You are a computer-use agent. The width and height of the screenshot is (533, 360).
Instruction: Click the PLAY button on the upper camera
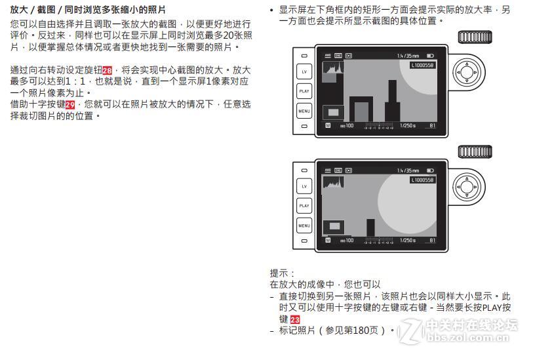304,92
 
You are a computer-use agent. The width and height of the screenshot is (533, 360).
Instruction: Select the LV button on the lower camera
304,186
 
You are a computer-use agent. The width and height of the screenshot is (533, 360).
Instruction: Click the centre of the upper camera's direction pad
467,71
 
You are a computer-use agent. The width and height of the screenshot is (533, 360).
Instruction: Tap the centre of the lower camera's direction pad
467,186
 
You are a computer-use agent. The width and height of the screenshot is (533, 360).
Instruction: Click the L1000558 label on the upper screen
423,66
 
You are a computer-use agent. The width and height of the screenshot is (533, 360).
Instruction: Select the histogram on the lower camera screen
334,182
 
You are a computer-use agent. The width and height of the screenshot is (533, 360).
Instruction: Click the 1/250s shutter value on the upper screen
407,125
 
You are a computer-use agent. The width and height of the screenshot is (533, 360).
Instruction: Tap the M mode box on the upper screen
328,125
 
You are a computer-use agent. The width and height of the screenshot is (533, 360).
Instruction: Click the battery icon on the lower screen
430,170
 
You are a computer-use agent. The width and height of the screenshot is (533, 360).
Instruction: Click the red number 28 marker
107,69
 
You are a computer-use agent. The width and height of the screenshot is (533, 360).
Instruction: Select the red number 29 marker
70,104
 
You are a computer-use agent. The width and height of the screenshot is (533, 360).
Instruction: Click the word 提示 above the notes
282,273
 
